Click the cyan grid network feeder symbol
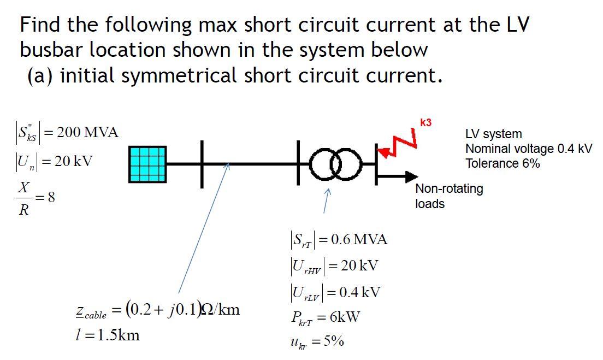(148, 164)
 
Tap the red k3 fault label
(425, 123)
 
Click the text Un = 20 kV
(53, 162)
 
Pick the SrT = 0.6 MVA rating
(338, 239)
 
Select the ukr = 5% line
(317, 342)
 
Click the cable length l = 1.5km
(107, 335)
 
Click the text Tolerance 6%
(502, 163)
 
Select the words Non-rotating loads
(449, 196)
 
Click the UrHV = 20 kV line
(334, 266)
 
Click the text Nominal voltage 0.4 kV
(528, 149)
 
